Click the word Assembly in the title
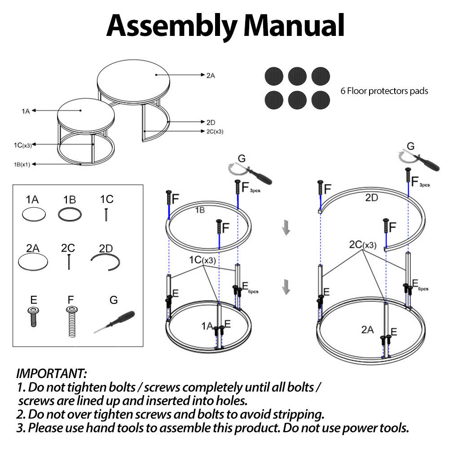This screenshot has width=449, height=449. coord(171,26)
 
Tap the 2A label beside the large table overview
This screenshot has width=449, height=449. coord(211,76)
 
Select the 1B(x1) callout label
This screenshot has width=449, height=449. coord(22,164)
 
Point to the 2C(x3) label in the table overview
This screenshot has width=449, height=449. coord(214,132)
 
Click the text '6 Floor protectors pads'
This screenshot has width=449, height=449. coord(384,91)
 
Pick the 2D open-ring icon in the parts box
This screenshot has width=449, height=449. coord(106,262)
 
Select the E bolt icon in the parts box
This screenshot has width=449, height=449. coord(32,317)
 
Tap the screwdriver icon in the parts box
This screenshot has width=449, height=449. coord(114,321)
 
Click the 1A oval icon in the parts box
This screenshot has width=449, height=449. coord(34,215)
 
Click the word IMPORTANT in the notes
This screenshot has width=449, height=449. coord(51,373)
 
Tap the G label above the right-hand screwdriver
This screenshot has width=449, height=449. coord(410,146)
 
